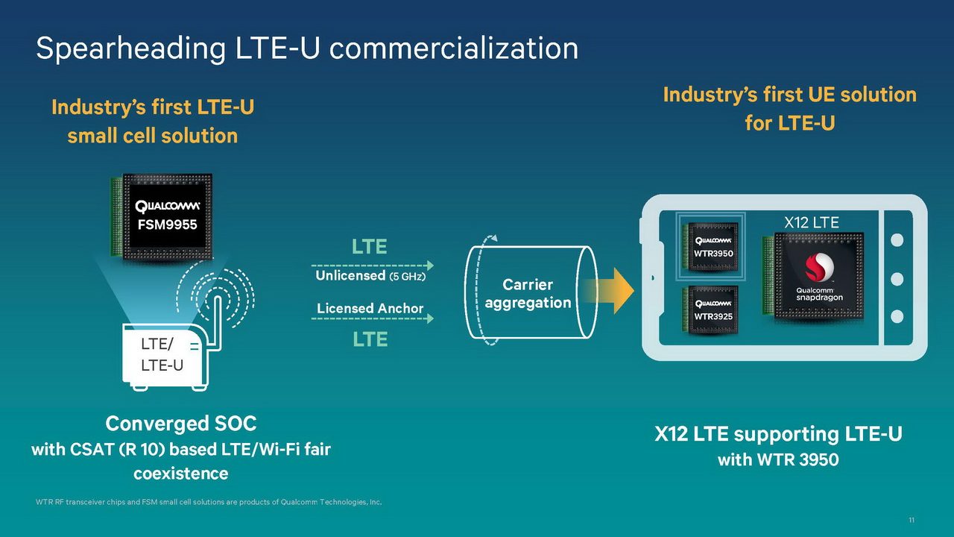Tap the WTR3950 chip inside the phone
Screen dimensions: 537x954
(713, 245)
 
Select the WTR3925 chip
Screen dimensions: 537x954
(713, 309)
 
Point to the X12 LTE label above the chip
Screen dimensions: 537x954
(812, 222)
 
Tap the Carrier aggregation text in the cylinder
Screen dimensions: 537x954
(527, 294)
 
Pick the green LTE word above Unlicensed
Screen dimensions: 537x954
(370, 247)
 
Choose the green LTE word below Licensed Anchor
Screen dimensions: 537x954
(370, 340)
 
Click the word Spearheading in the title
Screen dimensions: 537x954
(130, 48)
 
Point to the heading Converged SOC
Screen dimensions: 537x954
(181, 424)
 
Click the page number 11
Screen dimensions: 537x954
(912, 520)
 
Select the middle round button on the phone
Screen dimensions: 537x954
(897, 278)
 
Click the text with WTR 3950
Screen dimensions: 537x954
(778, 459)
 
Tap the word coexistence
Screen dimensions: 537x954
(181, 474)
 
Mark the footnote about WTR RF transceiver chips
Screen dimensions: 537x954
(209, 502)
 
